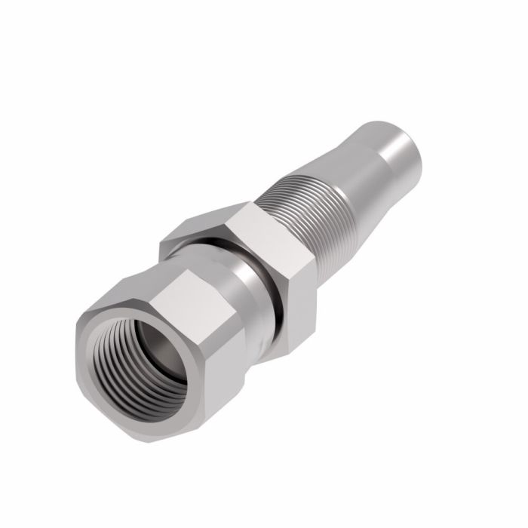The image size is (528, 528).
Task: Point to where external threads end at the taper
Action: pyautogui.click(x=332, y=181)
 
